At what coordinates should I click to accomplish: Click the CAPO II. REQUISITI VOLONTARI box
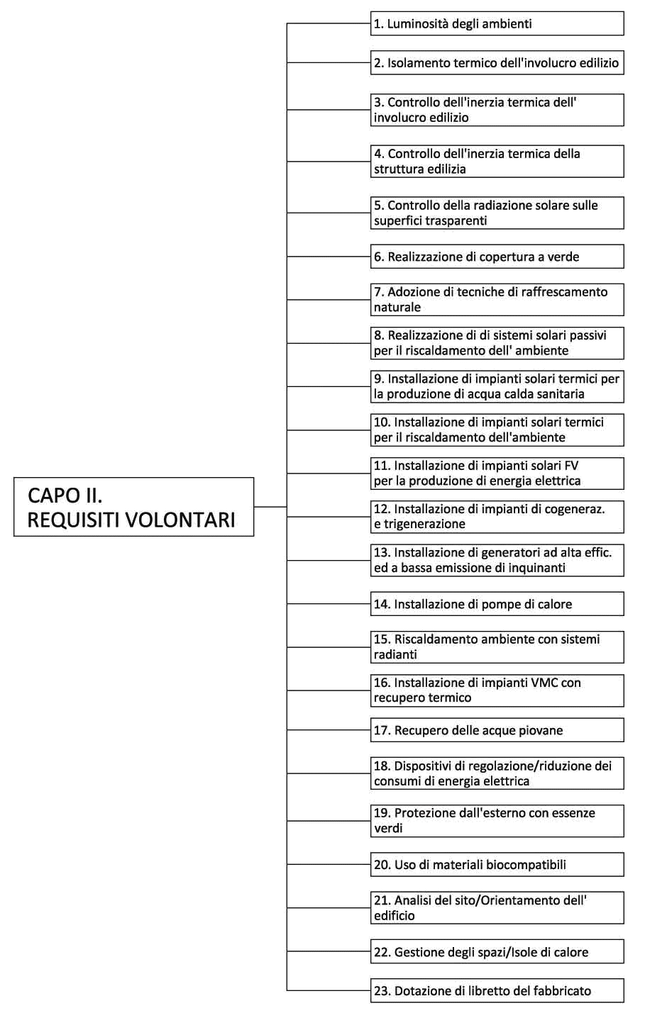[133, 507]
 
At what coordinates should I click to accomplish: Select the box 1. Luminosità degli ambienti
[497, 23]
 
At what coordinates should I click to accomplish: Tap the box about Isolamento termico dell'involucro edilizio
[497, 62]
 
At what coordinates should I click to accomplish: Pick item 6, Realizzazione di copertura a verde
[497, 257]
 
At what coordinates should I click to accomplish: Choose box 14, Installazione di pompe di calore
[497, 604]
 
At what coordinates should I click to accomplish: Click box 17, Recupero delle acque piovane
[497, 730]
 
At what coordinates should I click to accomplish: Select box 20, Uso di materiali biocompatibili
[497, 864]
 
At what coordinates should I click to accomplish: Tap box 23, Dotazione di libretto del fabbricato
[497, 991]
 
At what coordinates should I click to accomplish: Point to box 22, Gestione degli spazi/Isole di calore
[497, 951]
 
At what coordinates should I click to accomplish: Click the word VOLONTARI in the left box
[181, 520]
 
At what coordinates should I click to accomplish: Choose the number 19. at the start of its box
[382, 812]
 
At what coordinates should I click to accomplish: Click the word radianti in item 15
[395, 654]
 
